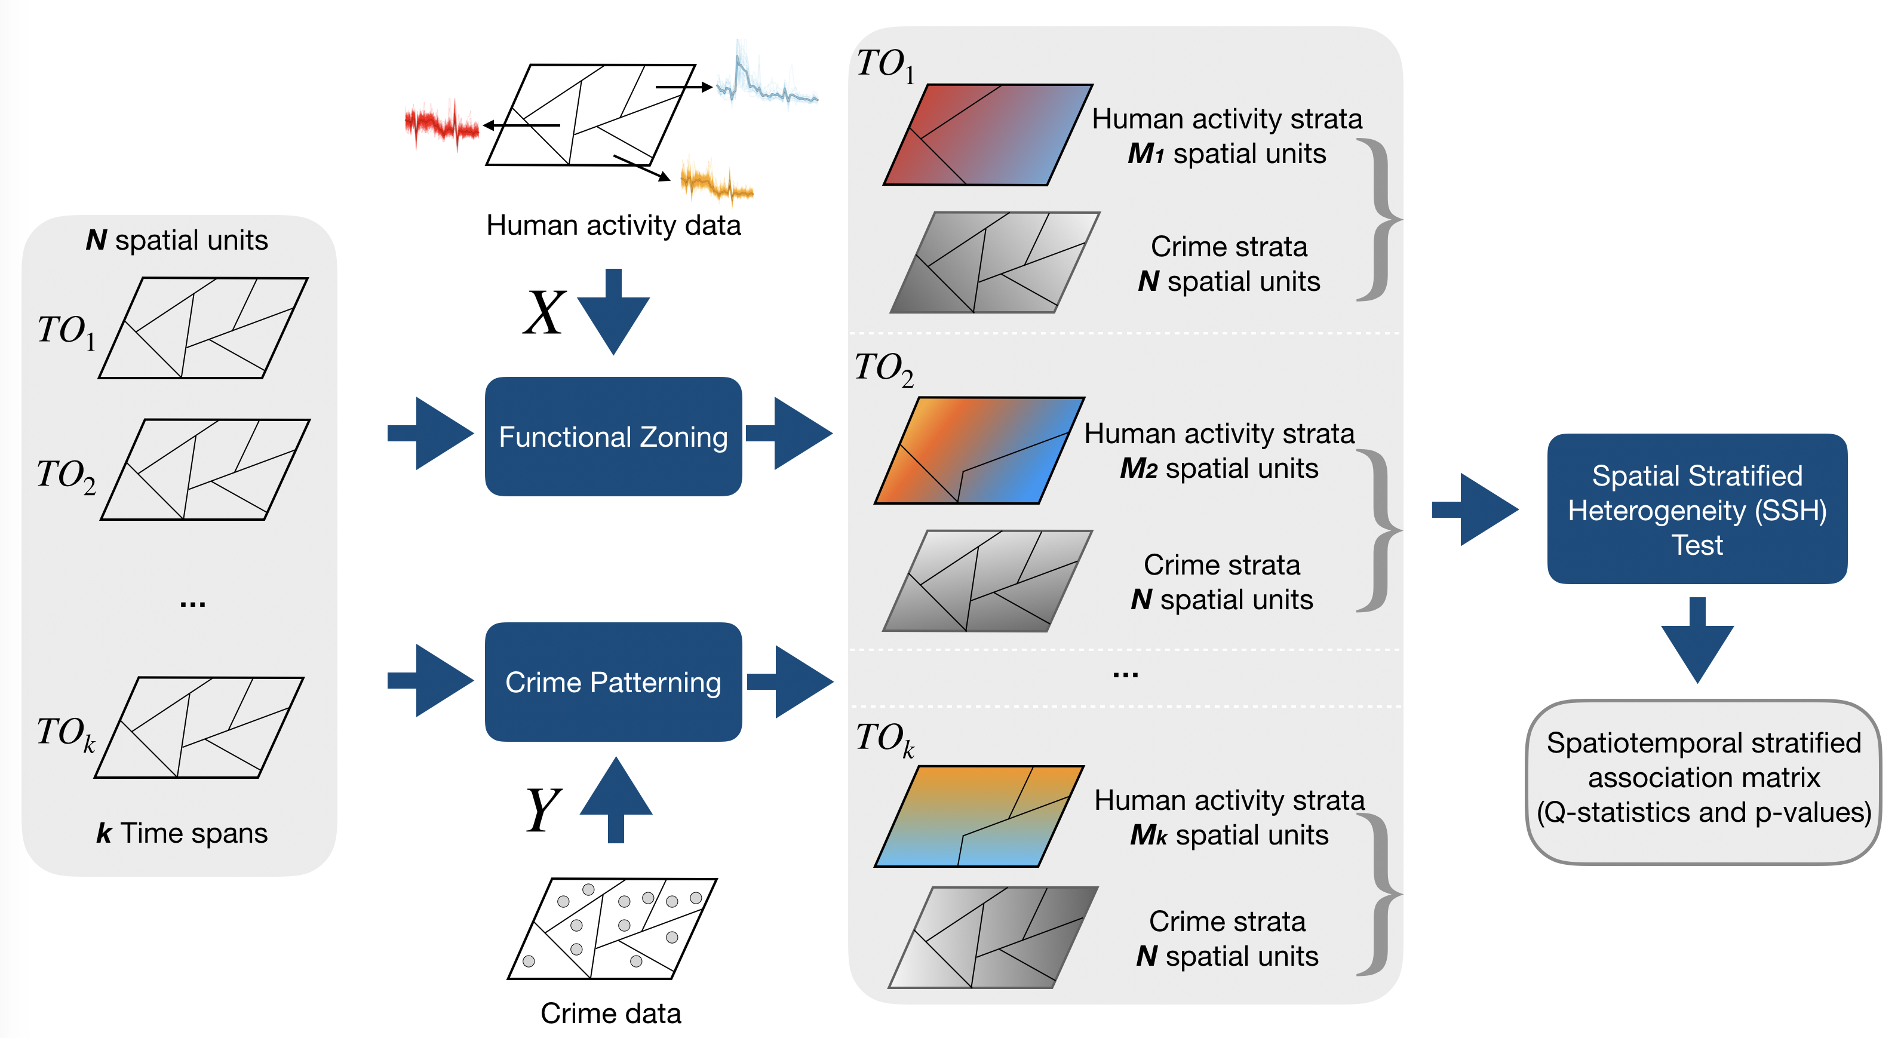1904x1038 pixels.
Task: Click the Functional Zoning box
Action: click(613, 436)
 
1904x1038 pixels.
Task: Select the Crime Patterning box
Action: click(613, 681)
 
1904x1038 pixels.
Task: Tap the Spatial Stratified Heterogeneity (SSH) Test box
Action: click(1697, 509)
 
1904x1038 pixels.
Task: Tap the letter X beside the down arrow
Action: click(544, 314)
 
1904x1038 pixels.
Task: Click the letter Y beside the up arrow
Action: click(543, 809)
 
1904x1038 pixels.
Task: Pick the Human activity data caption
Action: click(613, 225)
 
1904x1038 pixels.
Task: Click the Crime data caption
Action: click(610, 1013)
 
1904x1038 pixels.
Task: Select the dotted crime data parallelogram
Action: click(612, 929)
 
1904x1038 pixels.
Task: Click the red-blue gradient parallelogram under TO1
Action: click(988, 134)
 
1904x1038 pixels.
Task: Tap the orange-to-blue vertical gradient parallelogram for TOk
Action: click(979, 816)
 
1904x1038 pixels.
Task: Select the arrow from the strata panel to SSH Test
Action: click(1475, 509)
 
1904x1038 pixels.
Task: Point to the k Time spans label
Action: click(182, 833)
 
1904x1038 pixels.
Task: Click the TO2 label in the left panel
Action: click(66, 475)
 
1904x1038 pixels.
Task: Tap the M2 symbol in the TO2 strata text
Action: click(1138, 469)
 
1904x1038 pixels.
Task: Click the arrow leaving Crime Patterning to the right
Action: click(790, 681)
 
